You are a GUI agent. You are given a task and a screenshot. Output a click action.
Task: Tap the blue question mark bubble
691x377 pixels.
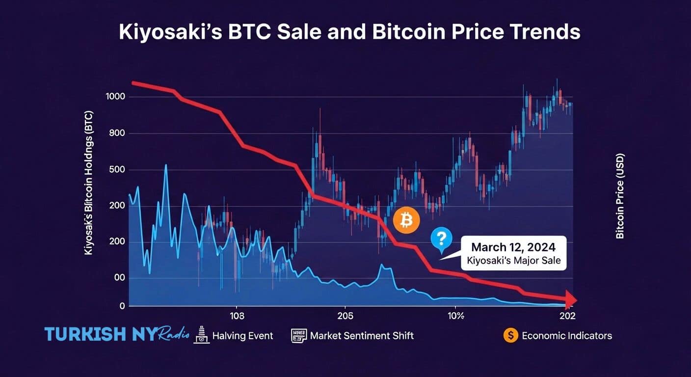tap(441, 239)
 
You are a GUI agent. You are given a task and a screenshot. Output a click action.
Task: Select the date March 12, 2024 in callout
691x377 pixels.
tap(514, 247)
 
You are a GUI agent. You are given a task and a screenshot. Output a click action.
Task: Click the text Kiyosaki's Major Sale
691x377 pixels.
tap(514, 260)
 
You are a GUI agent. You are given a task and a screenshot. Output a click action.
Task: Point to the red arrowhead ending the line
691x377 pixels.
tap(571, 299)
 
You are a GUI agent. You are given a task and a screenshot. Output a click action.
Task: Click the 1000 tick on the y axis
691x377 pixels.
tap(115, 97)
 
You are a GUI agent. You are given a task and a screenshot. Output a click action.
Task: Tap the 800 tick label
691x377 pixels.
tap(117, 134)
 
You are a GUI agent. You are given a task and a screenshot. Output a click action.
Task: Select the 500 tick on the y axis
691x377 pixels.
tap(117, 170)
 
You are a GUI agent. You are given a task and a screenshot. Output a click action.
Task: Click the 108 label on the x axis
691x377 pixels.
tap(237, 315)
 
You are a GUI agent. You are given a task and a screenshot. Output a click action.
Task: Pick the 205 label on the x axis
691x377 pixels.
tap(345, 315)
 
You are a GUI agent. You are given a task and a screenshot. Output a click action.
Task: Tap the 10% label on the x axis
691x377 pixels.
tap(456, 315)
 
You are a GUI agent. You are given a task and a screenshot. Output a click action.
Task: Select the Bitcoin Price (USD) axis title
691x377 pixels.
tap(620, 195)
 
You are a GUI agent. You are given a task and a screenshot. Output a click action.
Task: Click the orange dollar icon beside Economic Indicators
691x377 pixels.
tap(510, 335)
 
